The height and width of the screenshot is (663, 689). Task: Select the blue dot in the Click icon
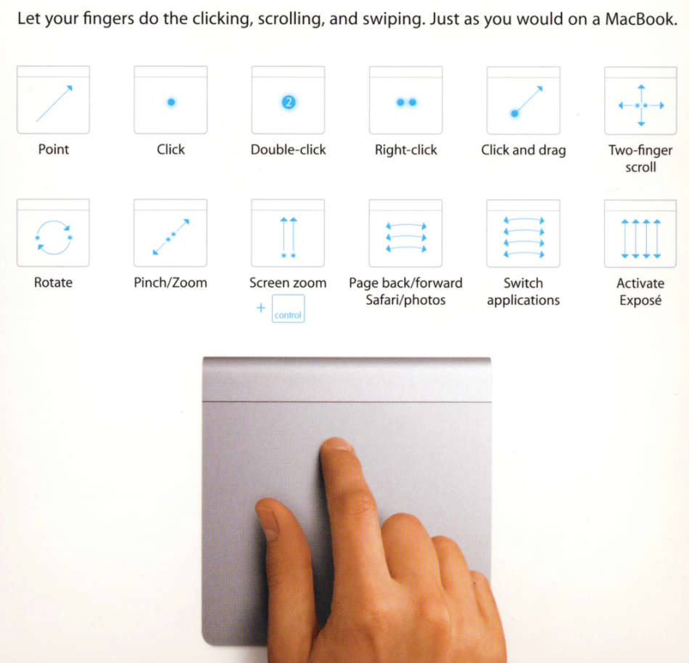(x=171, y=102)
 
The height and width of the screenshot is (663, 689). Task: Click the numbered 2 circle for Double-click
(x=288, y=102)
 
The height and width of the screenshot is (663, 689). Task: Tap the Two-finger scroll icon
(x=640, y=101)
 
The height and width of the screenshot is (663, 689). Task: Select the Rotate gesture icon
(x=53, y=234)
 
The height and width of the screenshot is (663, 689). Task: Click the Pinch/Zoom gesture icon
(x=170, y=234)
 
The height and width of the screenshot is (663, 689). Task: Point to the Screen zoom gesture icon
(x=288, y=234)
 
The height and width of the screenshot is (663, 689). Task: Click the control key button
(x=288, y=309)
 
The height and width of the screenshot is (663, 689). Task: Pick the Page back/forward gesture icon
(x=405, y=234)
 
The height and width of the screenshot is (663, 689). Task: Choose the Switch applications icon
(x=523, y=234)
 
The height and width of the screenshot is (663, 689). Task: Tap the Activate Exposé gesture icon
(x=640, y=234)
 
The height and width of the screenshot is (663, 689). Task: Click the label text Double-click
(x=288, y=150)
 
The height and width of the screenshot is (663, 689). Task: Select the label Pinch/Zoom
(x=170, y=283)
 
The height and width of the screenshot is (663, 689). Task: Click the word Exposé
(x=640, y=300)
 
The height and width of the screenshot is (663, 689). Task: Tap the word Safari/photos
(x=405, y=300)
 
